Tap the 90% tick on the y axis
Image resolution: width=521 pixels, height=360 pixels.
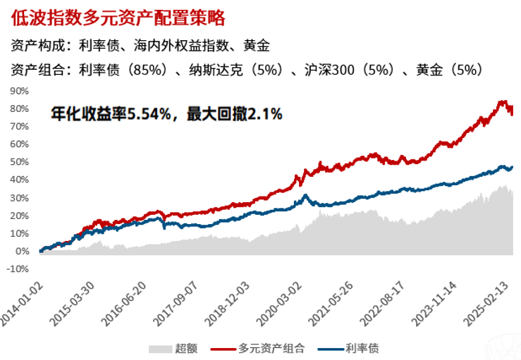19,91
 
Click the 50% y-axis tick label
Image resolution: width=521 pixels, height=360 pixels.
19,162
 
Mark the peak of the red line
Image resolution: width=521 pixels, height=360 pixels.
502,101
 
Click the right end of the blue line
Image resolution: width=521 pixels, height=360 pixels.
513,167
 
